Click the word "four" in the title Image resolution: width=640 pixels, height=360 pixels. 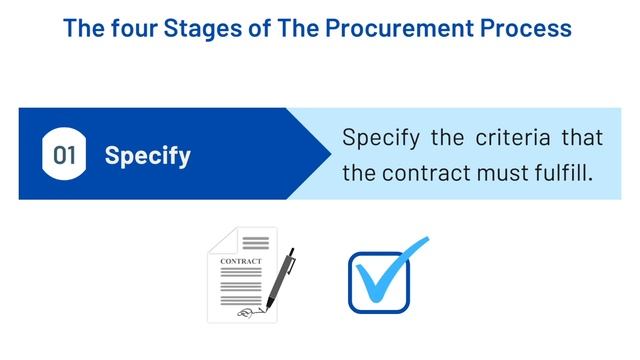click(x=130, y=27)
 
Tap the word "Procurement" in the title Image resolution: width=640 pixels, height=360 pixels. click(x=389, y=27)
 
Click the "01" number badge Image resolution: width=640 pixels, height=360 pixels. click(x=65, y=155)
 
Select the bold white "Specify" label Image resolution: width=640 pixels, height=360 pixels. click(x=148, y=156)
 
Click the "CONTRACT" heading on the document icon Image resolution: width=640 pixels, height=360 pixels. click(x=240, y=262)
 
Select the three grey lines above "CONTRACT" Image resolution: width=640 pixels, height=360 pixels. click(x=256, y=243)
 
